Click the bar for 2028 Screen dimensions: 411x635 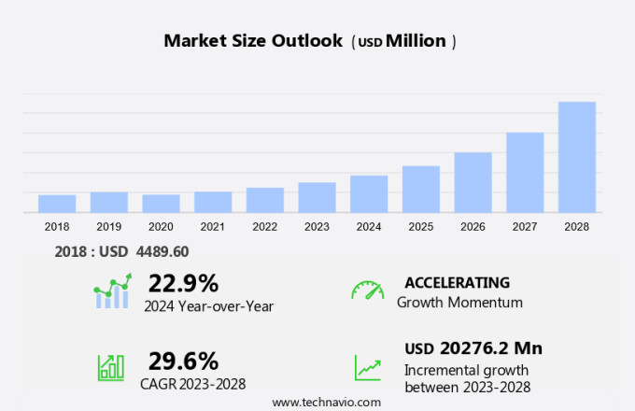tap(577, 157)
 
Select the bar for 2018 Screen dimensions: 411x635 tap(57, 204)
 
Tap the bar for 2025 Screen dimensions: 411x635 tap(421, 190)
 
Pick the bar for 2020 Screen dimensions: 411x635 tap(161, 204)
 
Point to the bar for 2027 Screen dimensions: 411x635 tap(525, 173)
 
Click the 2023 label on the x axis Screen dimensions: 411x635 tap(317, 227)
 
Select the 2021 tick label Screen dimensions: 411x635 tap(213, 227)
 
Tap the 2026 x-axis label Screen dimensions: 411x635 tap(473, 227)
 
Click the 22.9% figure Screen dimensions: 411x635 tap(183, 283)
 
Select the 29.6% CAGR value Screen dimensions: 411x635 tap(183, 361)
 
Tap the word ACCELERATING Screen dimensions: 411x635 tap(458, 282)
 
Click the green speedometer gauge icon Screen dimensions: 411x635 tap(367, 291)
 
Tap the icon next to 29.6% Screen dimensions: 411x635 tap(111, 366)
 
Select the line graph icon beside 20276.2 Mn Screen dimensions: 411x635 tap(367, 366)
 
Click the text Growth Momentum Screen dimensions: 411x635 tap(459, 302)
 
